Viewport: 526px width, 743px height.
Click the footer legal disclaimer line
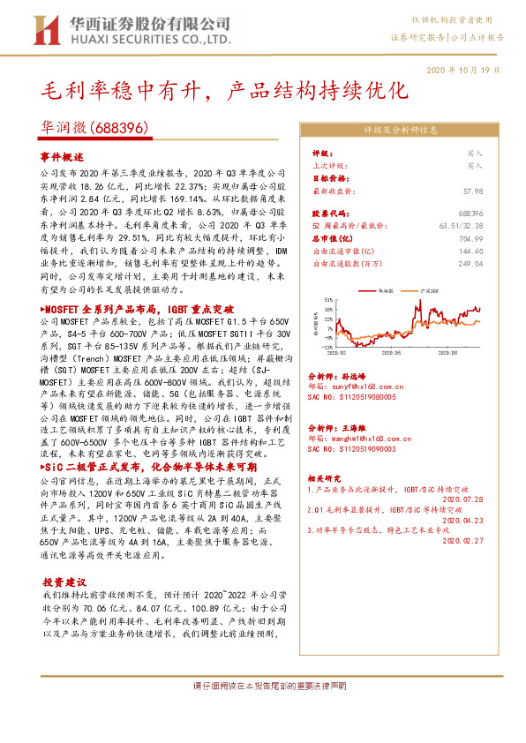264,687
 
